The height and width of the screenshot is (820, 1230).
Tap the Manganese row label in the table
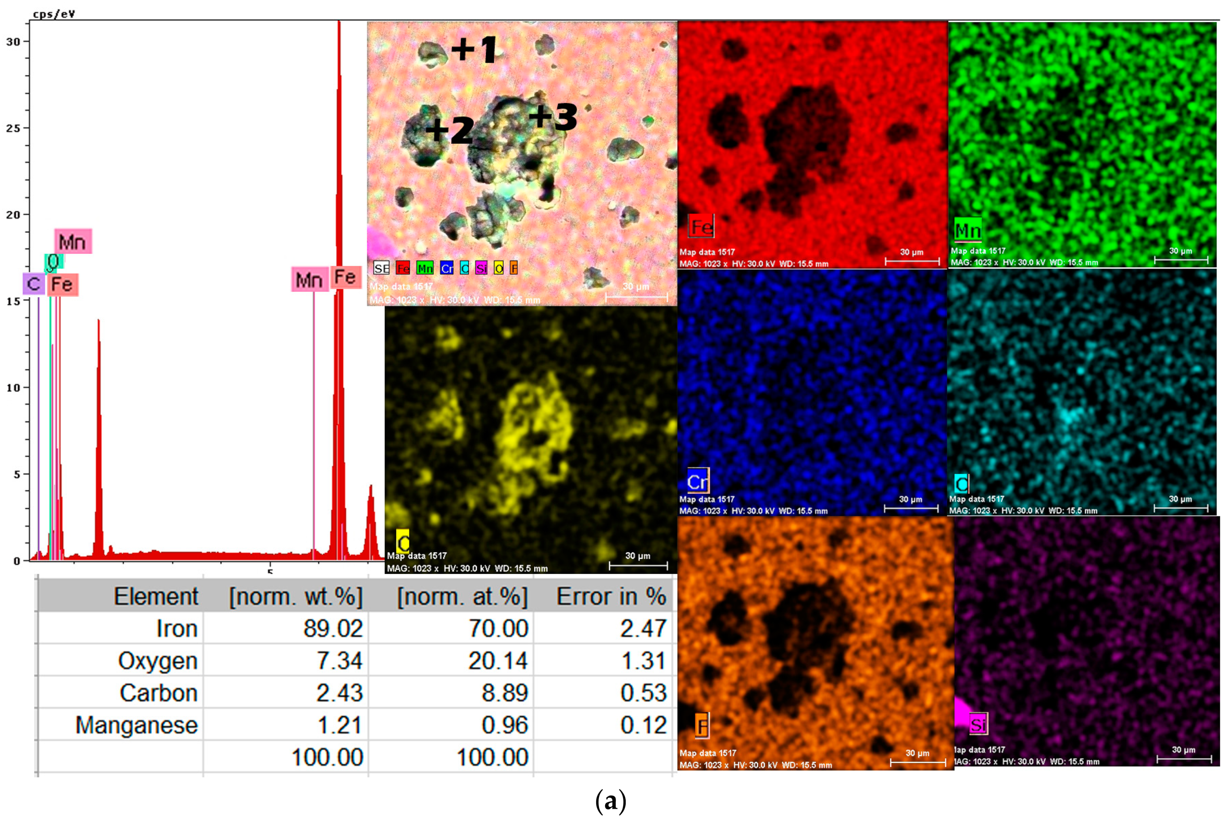[137, 725]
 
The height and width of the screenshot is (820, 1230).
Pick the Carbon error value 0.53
[643, 693]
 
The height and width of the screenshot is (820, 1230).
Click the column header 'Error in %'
[611, 597]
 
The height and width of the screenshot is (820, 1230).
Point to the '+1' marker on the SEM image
[474, 50]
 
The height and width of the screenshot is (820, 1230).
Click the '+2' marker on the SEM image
[450, 130]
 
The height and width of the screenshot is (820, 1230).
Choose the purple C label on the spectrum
[33, 284]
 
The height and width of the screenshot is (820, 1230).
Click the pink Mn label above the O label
[73, 242]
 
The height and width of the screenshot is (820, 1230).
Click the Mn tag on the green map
[967, 230]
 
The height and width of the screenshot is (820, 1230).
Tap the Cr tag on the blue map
[698, 481]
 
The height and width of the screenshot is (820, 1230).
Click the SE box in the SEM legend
[382, 268]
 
